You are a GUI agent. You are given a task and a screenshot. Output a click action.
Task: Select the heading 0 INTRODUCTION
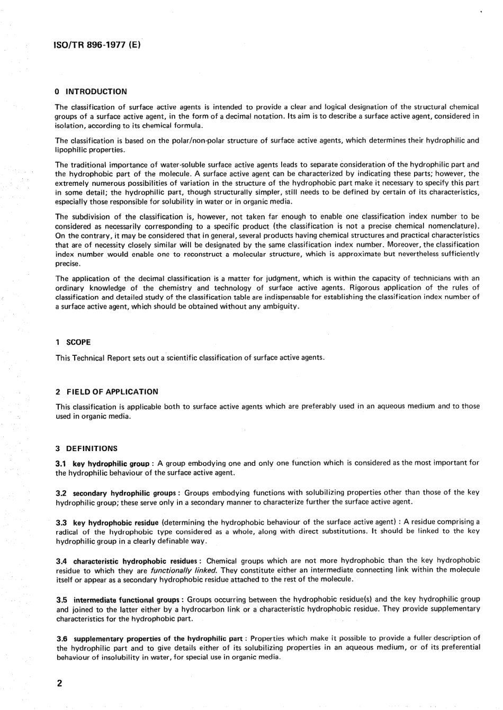(x=91, y=91)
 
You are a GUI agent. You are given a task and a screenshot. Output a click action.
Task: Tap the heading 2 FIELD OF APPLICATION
(x=106, y=392)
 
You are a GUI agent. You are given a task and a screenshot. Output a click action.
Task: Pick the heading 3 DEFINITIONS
(x=86, y=448)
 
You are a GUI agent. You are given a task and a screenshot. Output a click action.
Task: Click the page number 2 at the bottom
(x=59, y=683)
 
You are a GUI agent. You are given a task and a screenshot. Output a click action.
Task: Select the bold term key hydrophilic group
(x=110, y=464)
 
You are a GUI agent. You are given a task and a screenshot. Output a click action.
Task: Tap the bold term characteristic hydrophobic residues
(x=134, y=561)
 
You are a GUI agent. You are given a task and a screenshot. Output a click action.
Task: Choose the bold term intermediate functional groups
(x=126, y=600)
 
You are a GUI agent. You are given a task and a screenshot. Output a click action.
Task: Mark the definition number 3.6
(x=61, y=639)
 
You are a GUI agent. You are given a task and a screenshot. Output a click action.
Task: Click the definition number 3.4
(x=61, y=561)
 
